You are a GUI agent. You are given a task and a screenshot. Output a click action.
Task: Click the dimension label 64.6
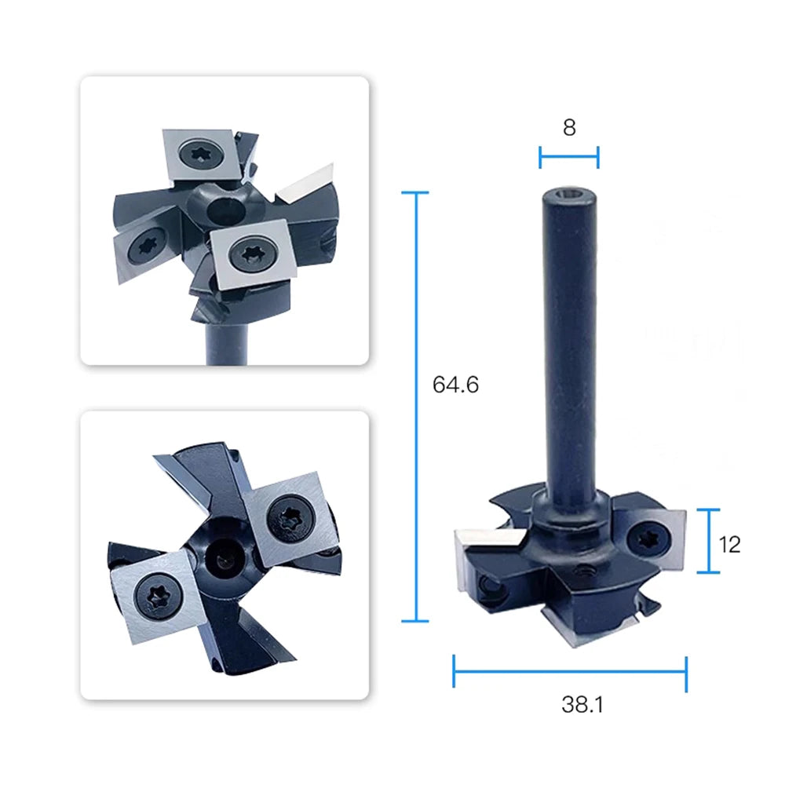[x=455, y=385]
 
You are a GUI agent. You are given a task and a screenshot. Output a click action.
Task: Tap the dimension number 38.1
[x=582, y=704]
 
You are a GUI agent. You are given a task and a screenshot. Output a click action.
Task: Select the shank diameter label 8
[x=569, y=128]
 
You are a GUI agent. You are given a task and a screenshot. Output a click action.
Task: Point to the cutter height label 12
[x=729, y=545]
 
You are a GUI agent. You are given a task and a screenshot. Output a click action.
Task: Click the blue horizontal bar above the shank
[x=569, y=157]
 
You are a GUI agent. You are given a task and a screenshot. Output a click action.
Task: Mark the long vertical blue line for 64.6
[x=415, y=407]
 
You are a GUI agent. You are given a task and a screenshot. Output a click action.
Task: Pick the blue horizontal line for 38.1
[x=570, y=671]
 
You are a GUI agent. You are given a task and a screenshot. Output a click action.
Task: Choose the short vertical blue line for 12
[x=709, y=541]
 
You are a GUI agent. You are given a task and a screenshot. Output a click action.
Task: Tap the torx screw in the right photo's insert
[x=648, y=539]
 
